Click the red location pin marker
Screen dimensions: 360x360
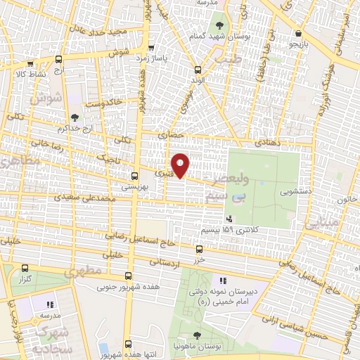point(181,165)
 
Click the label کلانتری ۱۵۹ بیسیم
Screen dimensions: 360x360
point(255,229)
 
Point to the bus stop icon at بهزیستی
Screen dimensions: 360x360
point(134,176)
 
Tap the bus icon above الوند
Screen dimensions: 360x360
point(198,69)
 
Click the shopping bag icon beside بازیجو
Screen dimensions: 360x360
point(300,33)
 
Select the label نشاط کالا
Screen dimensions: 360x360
point(30,73)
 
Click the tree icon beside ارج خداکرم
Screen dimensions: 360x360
point(75,117)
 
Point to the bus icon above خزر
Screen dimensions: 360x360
point(199,249)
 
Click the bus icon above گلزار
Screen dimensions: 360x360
point(25,268)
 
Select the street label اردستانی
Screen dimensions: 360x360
point(165,262)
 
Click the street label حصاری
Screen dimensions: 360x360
point(170,133)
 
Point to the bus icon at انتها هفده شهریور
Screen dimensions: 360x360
point(127,344)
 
